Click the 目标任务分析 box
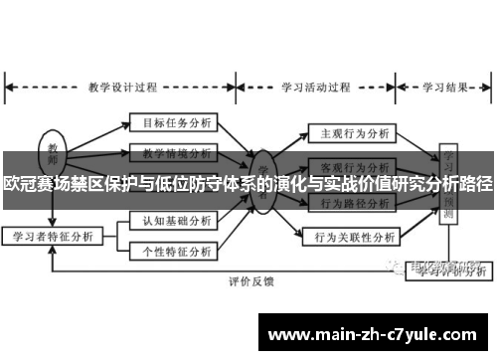click(x=171, y=124)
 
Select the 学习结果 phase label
click(x=445, y=86)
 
